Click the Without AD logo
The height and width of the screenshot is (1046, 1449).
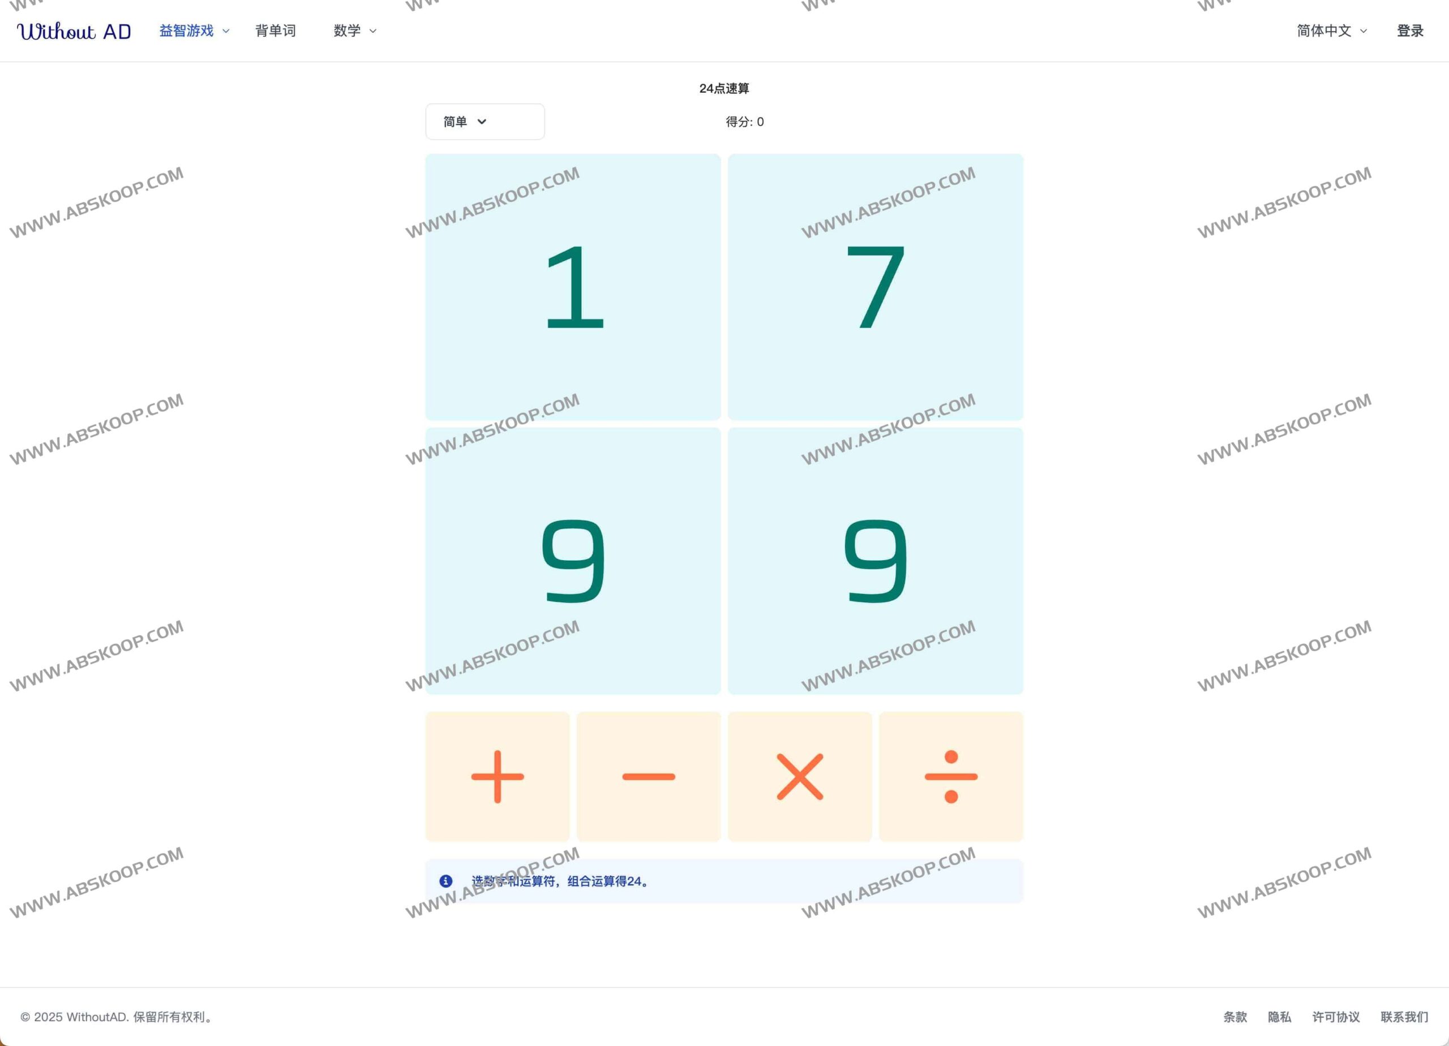click(x=74, y=31)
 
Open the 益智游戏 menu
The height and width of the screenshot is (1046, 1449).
click(x=194, y=31)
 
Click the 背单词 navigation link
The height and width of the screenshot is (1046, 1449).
click(x=275, y=31)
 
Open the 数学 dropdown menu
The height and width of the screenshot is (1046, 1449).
click(x=354, y=31)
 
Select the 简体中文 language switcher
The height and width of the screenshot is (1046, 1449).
click(x=1331, y=31)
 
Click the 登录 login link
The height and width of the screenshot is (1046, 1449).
click(x=1410, y=31)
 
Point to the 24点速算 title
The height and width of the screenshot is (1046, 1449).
click(x=724, y=88)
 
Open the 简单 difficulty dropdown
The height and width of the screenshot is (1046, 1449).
click(x=485, y=121)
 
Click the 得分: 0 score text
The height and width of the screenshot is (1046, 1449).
click(x=744, y=121)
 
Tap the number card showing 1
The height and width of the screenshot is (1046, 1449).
click(x=573, y=287)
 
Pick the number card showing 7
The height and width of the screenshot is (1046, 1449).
click(x=875, y=287)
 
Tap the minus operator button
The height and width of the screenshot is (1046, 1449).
click(x=649, y=777)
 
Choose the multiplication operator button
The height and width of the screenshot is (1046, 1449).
click(x=800, y=777)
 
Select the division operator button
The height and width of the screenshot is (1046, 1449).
click(x=951, y=777)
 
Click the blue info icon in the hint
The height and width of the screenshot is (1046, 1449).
click(x=446, y=881)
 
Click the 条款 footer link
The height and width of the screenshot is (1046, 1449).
click(x=1235, y=1017)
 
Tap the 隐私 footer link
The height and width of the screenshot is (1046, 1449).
click(x=1280, y=1017)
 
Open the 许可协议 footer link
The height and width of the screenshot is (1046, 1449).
click(x=1336, y=1017)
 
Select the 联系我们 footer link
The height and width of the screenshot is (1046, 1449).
click(x=1404, y=1017)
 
